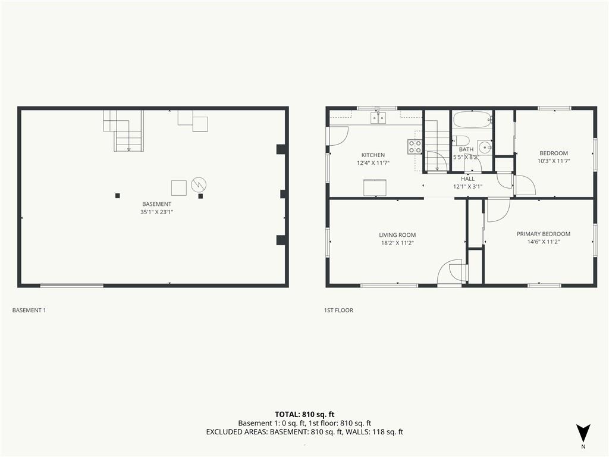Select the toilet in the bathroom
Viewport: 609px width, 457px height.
tap(461, 140)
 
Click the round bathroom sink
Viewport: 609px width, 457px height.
tap(485, 148)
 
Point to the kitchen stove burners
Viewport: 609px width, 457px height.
tap(415, 146)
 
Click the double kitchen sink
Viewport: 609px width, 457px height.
tap(378, 117)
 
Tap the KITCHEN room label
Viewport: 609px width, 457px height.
tap(373, 155)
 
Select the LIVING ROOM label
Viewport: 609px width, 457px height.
tap(397, 234)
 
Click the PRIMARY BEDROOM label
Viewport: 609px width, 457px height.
tap(544, 233)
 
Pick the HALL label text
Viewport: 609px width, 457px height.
tap(467, 179)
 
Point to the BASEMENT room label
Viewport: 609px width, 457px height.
tap(156, 204)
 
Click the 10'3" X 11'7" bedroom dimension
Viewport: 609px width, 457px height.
tap(554, 161)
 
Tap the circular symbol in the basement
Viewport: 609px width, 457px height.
tap(199, 184)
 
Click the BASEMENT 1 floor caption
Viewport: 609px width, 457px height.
tap(29, 310)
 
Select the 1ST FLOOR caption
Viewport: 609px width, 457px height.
tap(338, 310)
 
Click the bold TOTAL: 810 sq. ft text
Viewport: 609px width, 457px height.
tap(304, 414)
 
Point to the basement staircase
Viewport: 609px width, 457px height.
tap(124, 130)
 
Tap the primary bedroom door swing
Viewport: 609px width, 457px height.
tap(498, 210)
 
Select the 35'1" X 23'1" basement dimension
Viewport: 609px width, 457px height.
tap(156, 212)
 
